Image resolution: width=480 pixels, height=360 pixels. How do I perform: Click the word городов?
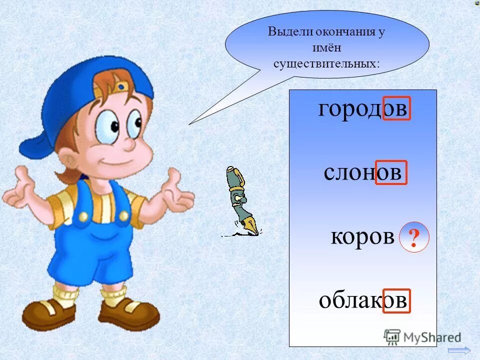(x=363, y=108)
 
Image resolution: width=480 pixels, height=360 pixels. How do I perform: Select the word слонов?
(x=362, y=172)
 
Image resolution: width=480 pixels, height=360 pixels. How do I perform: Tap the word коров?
(x=362, y=236)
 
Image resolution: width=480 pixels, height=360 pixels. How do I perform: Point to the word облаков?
(x=363, y=300)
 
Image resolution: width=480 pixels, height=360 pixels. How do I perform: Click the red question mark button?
(x=414, y=236)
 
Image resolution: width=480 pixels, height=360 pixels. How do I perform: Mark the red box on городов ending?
(x=396, y=108)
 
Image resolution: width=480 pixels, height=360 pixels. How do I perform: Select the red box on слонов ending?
(x=391, y=172)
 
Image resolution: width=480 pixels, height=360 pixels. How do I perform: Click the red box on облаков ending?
(x=396, y=301)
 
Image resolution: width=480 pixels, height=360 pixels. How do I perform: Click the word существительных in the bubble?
(x=326, y=64)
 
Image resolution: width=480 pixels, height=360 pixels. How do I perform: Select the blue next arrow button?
(x=459, y=350)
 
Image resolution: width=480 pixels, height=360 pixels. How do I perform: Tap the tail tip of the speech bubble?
(x=189, y=123)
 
